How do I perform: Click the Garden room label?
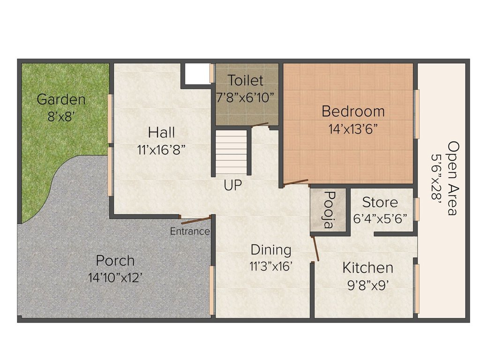click(61, 99)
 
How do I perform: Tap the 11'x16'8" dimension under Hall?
click(162, 150)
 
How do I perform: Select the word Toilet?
click(246, 80)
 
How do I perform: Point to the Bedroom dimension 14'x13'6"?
click(353, 129)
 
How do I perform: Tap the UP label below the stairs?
click(232, 186)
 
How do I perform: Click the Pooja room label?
click(329, 210)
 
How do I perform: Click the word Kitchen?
click(367, 268)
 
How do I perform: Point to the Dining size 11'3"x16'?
click(271, 265)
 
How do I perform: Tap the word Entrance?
click(189, 231)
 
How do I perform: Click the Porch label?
click(115, 260)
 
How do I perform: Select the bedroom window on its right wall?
click(416, 114)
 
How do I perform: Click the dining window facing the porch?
click(212, 290)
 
